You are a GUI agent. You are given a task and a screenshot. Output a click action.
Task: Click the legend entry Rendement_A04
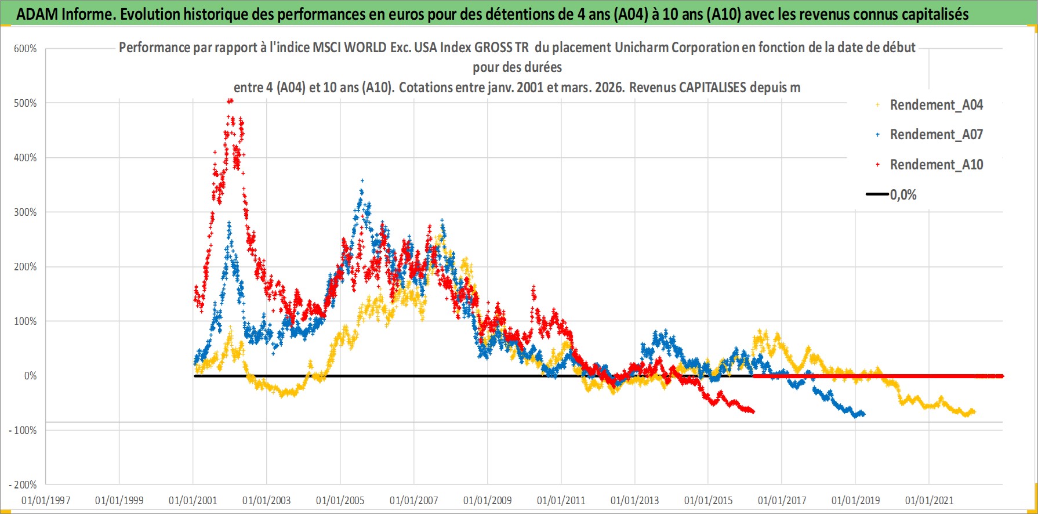coord(936,105)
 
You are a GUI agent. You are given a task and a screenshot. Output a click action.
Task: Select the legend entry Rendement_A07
coord(936,135)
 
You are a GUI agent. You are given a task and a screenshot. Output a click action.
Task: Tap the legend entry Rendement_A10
coord(936,165)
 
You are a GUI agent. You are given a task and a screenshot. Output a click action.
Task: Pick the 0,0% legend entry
coord(903,195)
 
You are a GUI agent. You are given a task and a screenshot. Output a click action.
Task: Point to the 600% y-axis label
coord(25,49)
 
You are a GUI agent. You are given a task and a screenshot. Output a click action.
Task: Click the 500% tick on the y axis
coord(25,103)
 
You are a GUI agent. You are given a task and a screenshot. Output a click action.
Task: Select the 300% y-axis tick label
coord(25,212)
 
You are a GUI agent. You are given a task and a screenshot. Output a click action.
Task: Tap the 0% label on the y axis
coord(30,376)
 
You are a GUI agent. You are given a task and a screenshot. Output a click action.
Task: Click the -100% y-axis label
coord(23,430)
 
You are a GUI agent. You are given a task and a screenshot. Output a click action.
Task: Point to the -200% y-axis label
coord(23,485)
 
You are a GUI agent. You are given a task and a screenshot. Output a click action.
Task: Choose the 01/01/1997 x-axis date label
coord(46,500)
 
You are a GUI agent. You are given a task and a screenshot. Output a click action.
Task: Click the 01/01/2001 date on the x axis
coord(193,500)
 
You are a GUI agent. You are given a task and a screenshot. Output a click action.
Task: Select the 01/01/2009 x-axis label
coord(487,500)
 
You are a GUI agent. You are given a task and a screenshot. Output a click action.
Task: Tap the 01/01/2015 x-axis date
coord(708,500)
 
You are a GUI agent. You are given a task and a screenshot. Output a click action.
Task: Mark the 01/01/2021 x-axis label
coord(929,500)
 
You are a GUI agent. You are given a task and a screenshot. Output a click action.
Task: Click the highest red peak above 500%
coord(230,100)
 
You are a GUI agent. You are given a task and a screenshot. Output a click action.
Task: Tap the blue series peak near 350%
coord(362,181)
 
